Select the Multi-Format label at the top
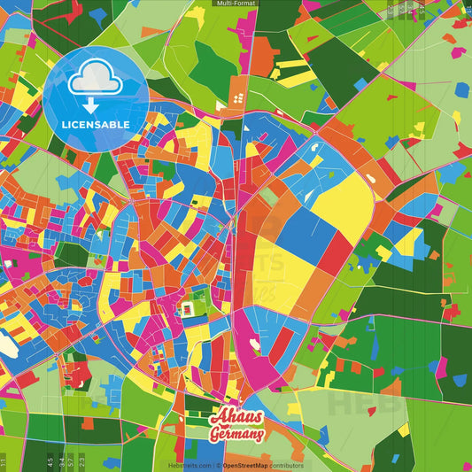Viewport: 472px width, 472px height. point(236,4)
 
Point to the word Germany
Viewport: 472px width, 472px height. point(236,436)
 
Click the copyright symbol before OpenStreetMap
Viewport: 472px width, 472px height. point(219,465)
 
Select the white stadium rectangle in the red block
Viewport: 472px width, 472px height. point(189,309)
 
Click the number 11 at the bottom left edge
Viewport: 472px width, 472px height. point(4,461)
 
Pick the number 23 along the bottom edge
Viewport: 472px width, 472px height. point(82,461)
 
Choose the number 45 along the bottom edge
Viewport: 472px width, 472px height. point(50,461)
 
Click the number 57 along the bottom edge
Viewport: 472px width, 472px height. point(72,461)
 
